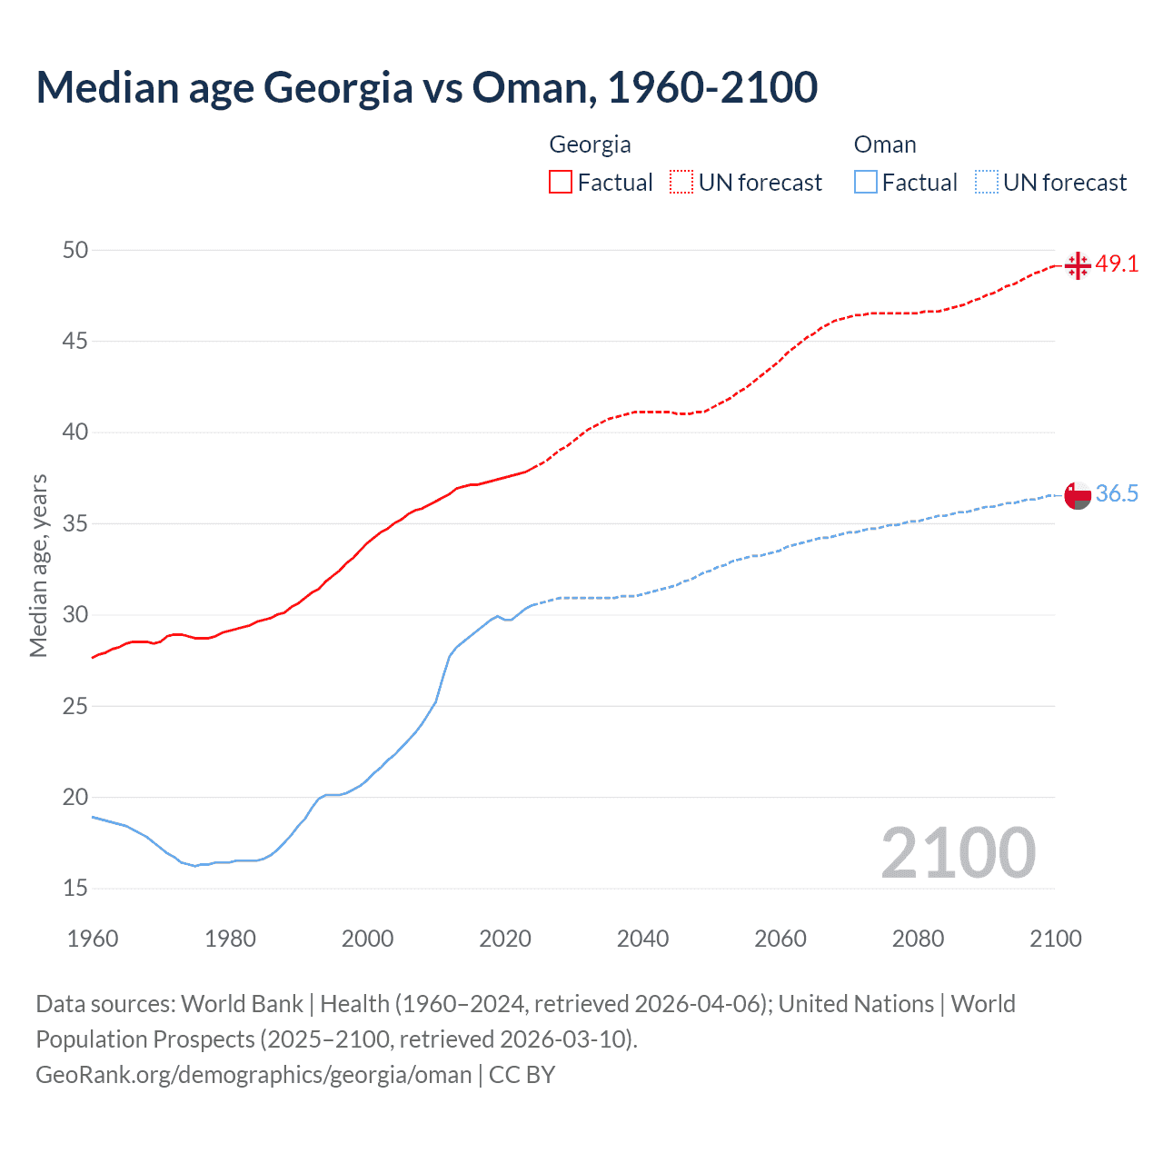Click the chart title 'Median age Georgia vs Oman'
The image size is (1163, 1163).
pos(426,87)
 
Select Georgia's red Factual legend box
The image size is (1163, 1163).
pos(561,182)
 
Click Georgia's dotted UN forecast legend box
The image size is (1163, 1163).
pos(681,182)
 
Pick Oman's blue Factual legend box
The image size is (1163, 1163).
pos(865,182)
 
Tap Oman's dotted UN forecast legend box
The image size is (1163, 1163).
pos(986,182)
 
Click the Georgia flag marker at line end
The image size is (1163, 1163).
pos(1077,265)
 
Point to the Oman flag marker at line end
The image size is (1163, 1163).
pos(1077,495)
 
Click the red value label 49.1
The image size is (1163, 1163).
pos(1117,264)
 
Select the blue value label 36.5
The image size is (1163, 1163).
pos(1117,494)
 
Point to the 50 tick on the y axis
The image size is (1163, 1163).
pos(75,250)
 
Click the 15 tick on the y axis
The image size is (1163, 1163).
pos(75,889)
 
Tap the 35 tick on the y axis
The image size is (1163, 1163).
pos(75,523)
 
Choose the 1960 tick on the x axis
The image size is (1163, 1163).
pos(93,939)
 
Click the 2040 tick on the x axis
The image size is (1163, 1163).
pos(642,939)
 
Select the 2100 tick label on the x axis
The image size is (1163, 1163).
pos(1055,939)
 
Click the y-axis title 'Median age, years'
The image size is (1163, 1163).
pos(39,565)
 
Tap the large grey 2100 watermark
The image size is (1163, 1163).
pos(958,852)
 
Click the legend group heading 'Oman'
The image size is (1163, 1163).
pos(885,144)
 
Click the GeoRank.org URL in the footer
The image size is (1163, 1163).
pos(253,1075)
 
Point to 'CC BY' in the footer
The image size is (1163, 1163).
pos(522,1075)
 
